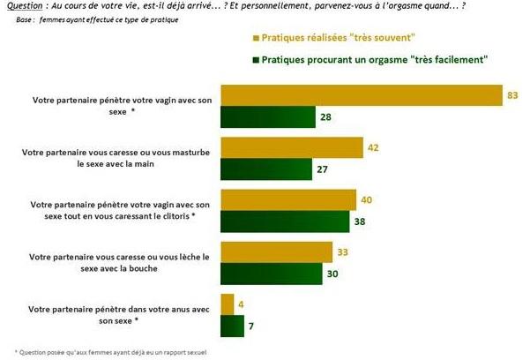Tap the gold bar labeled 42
pyautogui.click(x=292, y=147)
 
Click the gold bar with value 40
pyautogui.click(x=288, y=199)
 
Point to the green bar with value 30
pyautogui.click(x=272, y=274)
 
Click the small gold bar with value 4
pyautogui.click(x=227, y=304)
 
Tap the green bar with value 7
pyautogui.click(x=232, y=326)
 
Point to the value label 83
pyautogui.click(x=512, y=95)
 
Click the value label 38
pyautogui.click(x=361, y=222)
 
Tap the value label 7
pyautogui.click(x=252, y=327)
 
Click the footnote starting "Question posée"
pyautogui.click(x=105, y=351)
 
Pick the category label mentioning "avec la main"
pyautogui.click(x=116, y=158)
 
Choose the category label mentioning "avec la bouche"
pyautogui.click(x=116, y=262)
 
